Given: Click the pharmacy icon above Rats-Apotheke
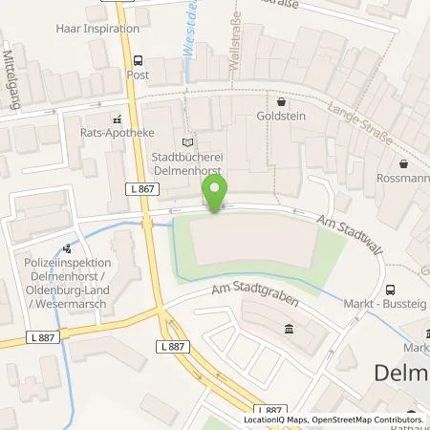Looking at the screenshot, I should pos(117,120).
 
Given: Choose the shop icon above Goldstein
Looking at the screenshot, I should pos(281,102).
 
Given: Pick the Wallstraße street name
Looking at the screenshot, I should pos(233,48).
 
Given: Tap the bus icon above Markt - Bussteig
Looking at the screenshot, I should pos(389,290).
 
